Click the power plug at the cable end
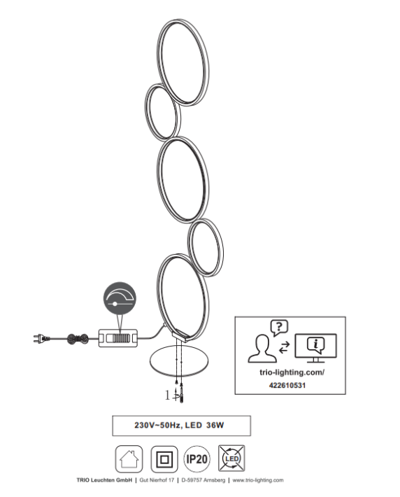coord(41,339)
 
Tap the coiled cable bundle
coord(78,339)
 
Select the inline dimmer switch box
coord(117,338)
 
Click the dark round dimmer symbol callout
coord(120,298)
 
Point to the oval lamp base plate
coord(179,361)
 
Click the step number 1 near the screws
coord(168,395)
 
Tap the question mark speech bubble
coord(279,328)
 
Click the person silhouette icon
coord(262,349)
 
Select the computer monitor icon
coord(315,348)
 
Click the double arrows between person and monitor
coord(284,347)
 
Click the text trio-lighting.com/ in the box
coord(292,372)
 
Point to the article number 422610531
coord(287,386)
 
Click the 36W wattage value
coord(215,426)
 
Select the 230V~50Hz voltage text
coord(158,426)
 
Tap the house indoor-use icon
coord(129,458)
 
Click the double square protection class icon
coord(164,459)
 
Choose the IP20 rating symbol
coord(197,459)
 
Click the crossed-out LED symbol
coord(231,458)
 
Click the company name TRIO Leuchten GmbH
coord(104,480)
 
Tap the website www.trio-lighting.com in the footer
coord(258,480)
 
